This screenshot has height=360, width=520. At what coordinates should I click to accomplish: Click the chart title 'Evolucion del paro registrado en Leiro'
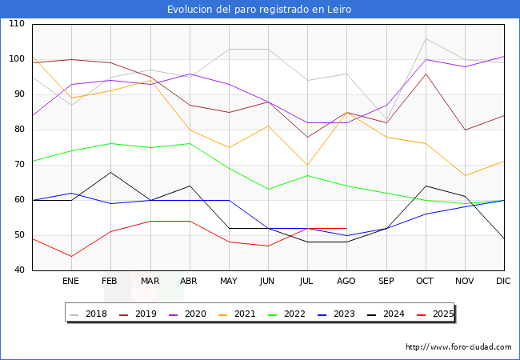pos(259,10)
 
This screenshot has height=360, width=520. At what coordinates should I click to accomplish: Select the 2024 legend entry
pos(389,314)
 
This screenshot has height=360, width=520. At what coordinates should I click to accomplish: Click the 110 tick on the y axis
pos(17,24)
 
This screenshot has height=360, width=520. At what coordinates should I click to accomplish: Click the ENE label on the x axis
pos(71,282)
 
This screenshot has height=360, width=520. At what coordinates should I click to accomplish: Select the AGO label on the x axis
pos(346,282)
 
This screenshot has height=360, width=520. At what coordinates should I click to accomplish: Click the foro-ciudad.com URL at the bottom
pos(458,347)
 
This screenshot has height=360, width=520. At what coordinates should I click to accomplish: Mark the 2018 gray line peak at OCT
pos(426,38)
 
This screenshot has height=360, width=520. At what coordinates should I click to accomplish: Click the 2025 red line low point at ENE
pos(71,256)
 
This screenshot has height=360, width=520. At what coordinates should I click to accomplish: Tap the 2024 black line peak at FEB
pos(110,172)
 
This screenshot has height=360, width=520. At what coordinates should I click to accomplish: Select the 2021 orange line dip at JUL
pos(307,165)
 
